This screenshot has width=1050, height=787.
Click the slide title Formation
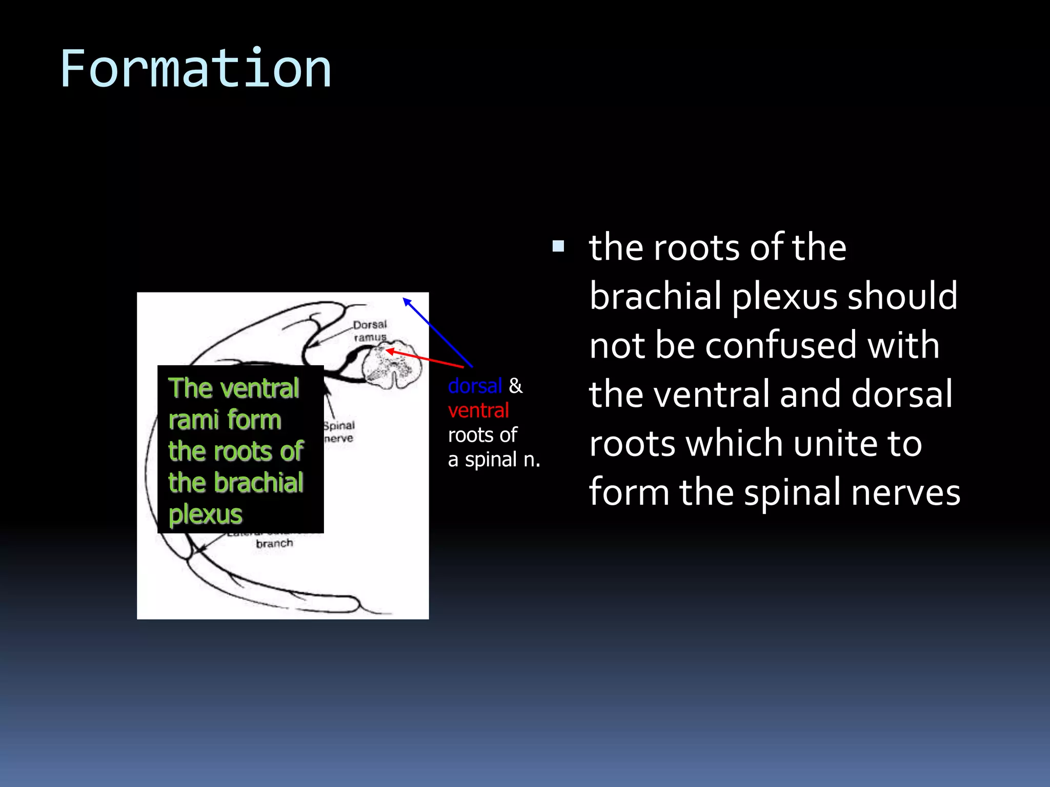pos(195,69)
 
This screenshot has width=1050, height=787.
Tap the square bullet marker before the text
pos(558,247)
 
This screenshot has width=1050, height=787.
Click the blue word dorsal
pos(475,386)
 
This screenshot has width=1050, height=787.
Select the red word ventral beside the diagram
pos(478,410)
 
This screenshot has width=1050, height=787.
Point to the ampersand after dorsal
pos(515,386)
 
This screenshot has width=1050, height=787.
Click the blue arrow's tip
pos(405,299)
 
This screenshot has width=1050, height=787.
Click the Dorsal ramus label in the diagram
pos(370,331)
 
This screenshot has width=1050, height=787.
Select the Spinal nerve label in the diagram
pos(339,432)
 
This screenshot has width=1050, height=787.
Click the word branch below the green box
pos(274,544)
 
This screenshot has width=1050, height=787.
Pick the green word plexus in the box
pos(205,514)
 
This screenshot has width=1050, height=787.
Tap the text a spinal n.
pos(494,460)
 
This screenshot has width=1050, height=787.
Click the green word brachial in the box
pos(258,483)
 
